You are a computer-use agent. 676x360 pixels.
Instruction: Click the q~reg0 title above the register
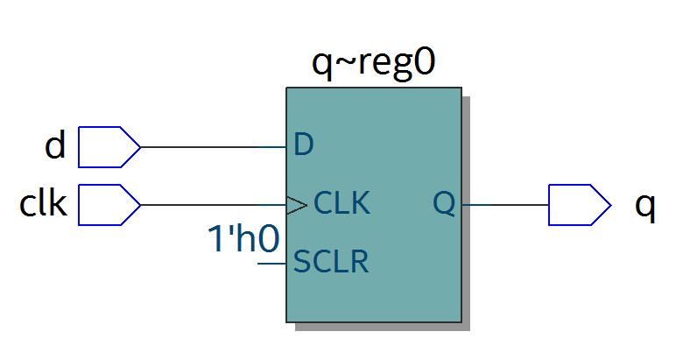coord(373,64)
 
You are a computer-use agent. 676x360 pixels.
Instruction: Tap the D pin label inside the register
coord(303,145)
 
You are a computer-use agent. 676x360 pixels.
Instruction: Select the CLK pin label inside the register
coord(342,202)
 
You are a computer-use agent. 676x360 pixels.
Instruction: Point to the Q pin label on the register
coord(444,203)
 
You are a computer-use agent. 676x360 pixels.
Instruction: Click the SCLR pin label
coord(331,261)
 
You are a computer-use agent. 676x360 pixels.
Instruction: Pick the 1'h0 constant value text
coord(243,238)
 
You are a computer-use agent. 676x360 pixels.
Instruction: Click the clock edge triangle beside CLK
coord(297,205)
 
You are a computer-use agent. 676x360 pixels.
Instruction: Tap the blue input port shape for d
coord(109,147)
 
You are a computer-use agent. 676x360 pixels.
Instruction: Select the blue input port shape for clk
coord(109,205)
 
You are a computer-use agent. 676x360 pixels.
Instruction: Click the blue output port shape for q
coord(580,205)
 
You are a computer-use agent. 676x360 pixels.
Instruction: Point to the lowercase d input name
coord(55,145)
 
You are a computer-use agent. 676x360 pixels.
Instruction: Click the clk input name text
coord(43,202)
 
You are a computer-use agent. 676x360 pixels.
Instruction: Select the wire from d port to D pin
coord(214,147)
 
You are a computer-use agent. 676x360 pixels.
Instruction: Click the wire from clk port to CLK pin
coord(214,205)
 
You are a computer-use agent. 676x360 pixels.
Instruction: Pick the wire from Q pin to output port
coord(505,205)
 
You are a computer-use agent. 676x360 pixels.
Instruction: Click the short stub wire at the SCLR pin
coord(271,263)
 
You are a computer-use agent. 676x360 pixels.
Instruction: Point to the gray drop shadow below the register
coord(383,327)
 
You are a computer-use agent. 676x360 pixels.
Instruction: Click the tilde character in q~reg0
coord(344,61)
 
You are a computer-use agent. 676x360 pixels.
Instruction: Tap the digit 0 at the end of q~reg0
coord(423,63)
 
